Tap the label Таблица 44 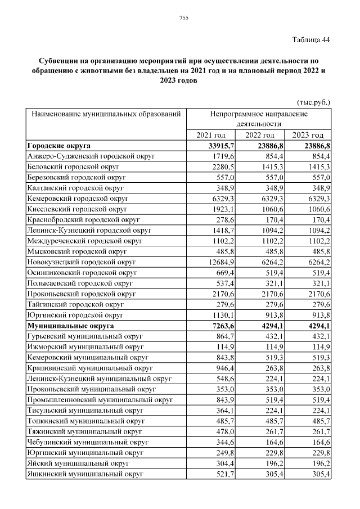311,39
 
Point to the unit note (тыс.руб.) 313,102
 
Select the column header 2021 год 211,135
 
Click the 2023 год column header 309,135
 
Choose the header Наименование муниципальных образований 106,114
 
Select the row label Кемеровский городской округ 78,199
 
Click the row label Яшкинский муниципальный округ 85,475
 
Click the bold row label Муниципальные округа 70,326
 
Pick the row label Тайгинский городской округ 76,304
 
